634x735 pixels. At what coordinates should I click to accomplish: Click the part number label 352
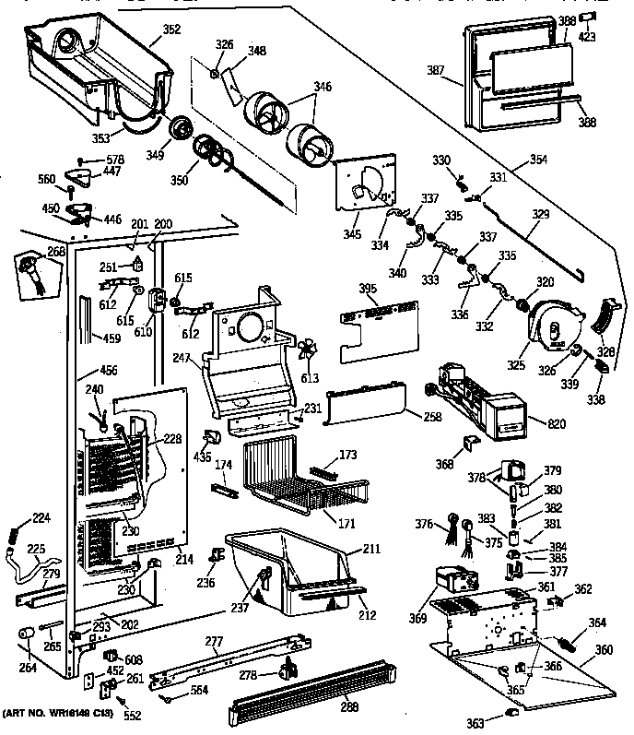pos(170,29)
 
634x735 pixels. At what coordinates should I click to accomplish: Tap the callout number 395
pos(368,290)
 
